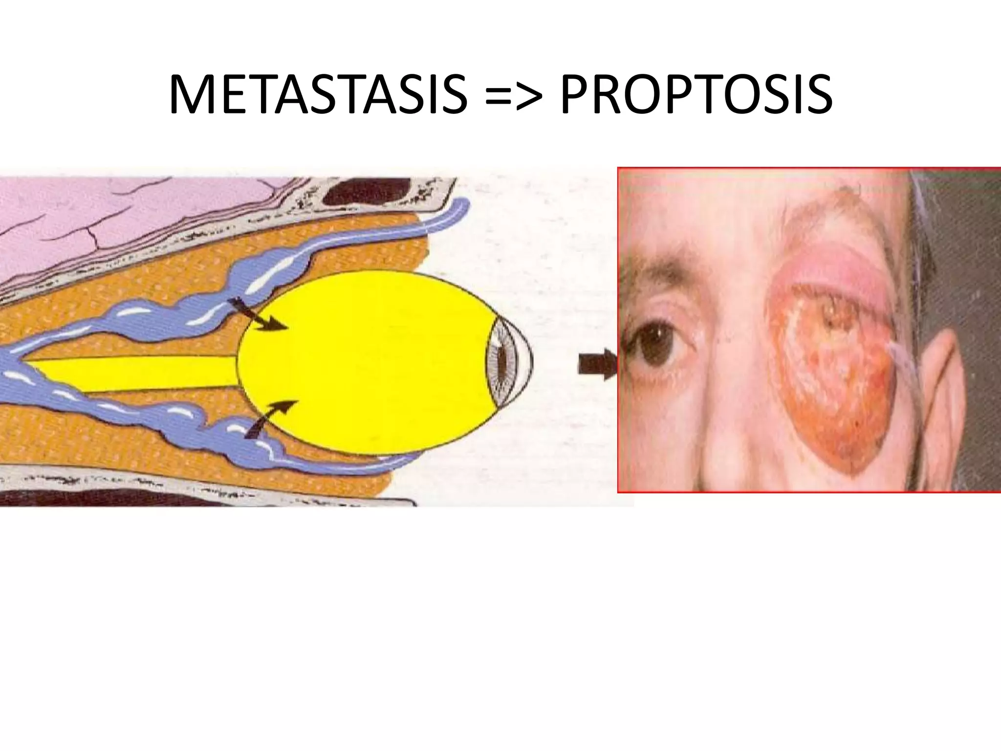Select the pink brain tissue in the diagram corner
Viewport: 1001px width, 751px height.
pyautogui.click(x=122, y=225)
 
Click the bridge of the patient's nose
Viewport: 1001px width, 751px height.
pyautogui.click(x=733, y=342)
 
